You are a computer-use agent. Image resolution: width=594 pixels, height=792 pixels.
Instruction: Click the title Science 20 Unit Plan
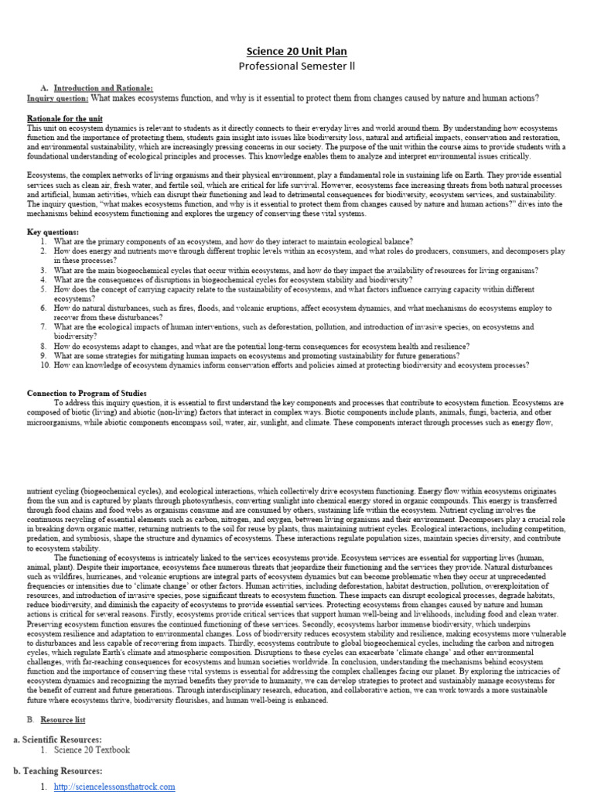(297, 51)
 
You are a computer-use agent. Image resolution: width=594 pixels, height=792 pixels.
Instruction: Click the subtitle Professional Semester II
(297, 67)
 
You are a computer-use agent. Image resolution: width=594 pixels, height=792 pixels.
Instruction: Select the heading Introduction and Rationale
(103, 89)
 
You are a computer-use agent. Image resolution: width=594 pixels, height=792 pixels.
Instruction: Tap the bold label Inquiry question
(57, 98)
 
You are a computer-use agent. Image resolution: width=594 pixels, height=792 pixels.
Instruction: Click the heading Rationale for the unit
(65, 118)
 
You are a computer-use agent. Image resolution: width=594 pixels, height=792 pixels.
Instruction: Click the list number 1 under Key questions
(45, 242)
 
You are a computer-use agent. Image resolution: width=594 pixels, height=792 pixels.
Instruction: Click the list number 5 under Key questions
(45, 288)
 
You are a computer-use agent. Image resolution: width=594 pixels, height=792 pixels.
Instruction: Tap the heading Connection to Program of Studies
(87, 393)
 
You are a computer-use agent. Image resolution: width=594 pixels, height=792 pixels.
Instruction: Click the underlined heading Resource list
(63, 719)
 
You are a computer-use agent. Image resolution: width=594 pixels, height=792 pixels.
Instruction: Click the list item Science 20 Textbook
(92, 750)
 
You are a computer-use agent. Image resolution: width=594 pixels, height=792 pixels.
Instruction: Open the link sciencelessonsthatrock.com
(114, 787)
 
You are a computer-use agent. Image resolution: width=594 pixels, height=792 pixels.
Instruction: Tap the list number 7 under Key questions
(45, 327)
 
